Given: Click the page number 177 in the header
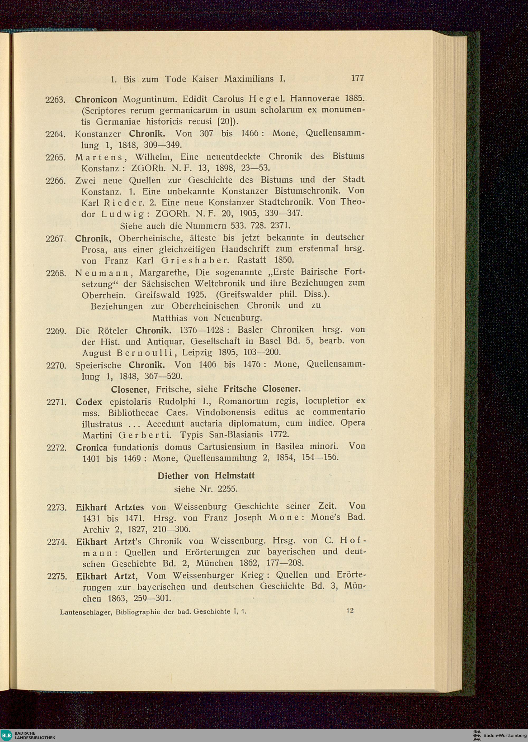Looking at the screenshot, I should (x=357, y=78).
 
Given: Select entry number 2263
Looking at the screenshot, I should (x=56, y=100).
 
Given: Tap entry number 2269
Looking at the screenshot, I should (x=56, y=331).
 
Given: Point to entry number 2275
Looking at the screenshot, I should (x=57, y=576).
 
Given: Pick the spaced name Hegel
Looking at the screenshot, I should (x=264, y=98).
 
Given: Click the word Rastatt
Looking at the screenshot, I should (x=252, y=260).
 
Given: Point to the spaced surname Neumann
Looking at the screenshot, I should (x=101, y=272).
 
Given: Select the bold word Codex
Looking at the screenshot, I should (x=89, y=402).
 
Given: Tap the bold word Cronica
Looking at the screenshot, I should (x=91, y=447).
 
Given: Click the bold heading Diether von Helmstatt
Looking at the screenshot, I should (x=206, y=476).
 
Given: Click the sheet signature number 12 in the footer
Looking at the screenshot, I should (x=350, y=610).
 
